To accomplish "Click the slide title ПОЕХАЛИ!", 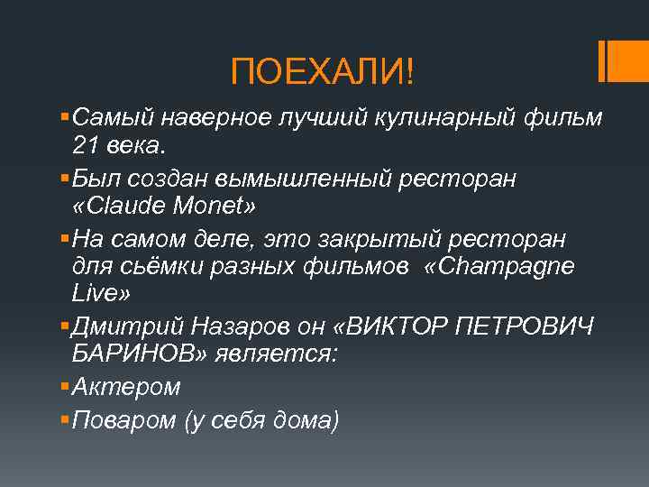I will (x=323, y=70).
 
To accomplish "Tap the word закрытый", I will (x=385, y=239).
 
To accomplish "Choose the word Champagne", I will (x=512, y=268).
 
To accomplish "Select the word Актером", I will (x=126, y=387).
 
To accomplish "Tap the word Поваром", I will (x=124, y=419).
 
